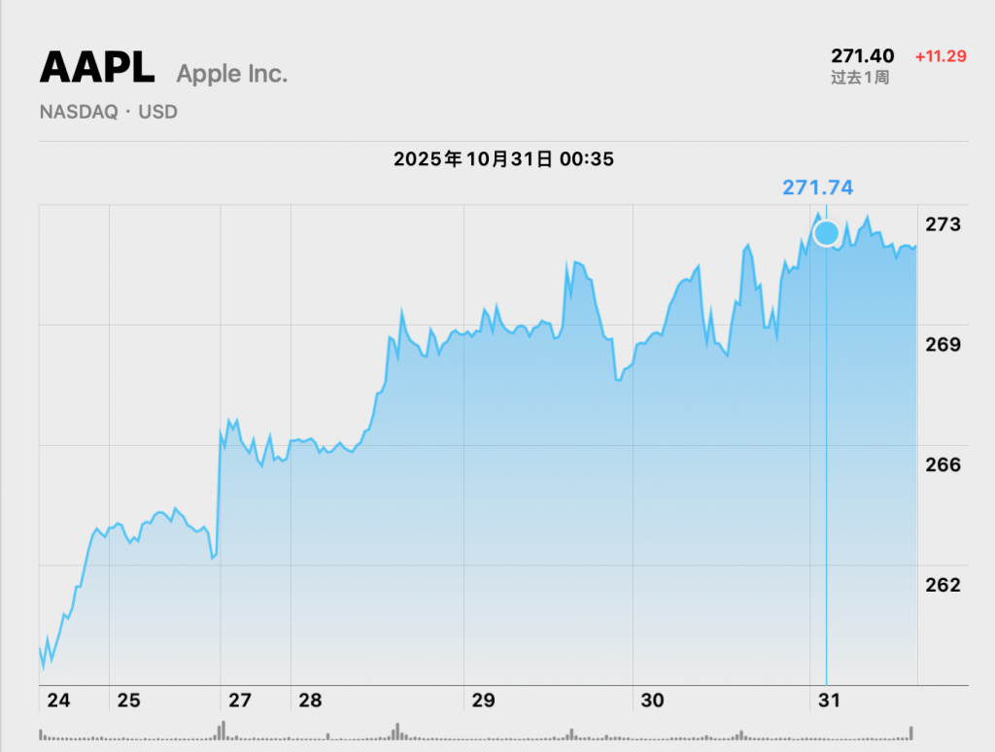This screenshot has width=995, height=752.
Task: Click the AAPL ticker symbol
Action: click(x=96, y=68)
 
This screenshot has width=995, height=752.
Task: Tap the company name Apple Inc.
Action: click(x=232, y=73)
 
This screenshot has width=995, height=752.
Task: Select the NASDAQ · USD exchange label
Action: click(x=109, y=112)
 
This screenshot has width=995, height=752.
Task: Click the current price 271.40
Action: click(x=862, y=56)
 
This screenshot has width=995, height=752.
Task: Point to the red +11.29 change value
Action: click(x=941, y=56)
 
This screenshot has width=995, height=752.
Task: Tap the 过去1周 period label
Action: click(x=860, y=78)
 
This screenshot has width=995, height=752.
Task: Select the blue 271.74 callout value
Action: click(x=818, y=188)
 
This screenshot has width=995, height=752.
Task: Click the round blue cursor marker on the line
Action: click(x=826, y=233)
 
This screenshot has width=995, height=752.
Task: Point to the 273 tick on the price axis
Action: click(x=943, y=224)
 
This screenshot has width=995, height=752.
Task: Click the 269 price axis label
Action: click(x=943, y=345)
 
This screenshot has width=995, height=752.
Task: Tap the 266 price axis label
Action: click(x=943, y=464)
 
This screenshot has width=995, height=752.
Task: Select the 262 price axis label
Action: click(x=943, y=585)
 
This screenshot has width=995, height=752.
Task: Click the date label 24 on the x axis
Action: click(x=58, y=700)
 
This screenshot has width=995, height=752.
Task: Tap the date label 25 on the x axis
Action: click(x=128, y=700)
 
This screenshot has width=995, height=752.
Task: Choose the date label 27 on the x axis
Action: click(x=240, y=700)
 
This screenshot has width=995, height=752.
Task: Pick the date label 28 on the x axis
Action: click(x=310, y=700)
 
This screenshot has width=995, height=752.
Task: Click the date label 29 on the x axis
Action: click(x=483, y=700)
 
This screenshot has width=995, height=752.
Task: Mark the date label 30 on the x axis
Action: click(x=652, y=700)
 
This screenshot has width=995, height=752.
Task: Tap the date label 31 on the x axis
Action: click(x=828, y=700)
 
